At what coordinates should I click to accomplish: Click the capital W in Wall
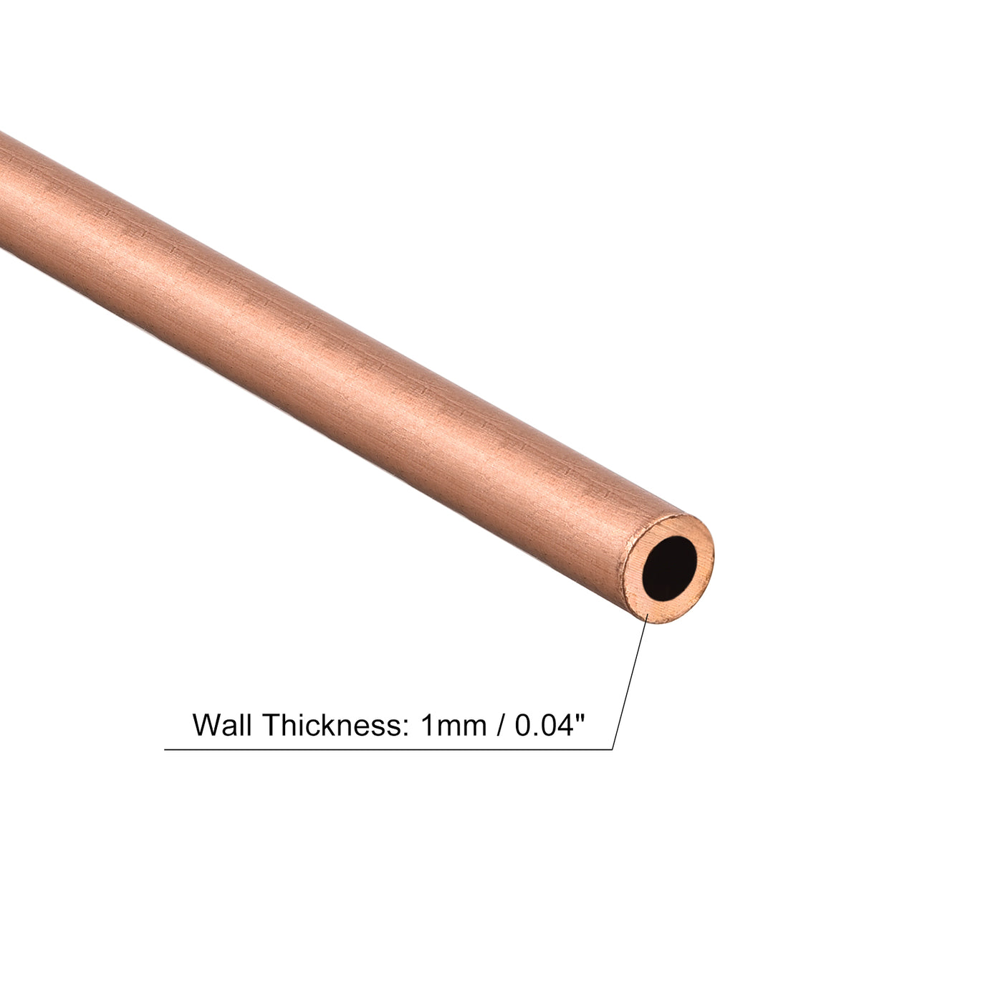pos(207,725)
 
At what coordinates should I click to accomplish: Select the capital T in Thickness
pos(272,725)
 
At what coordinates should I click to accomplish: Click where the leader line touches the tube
pos(648,618)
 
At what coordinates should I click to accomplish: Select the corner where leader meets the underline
pos(613,749)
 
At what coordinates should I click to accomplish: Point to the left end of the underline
pos(166,749)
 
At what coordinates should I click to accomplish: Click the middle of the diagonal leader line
pos(630,683)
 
